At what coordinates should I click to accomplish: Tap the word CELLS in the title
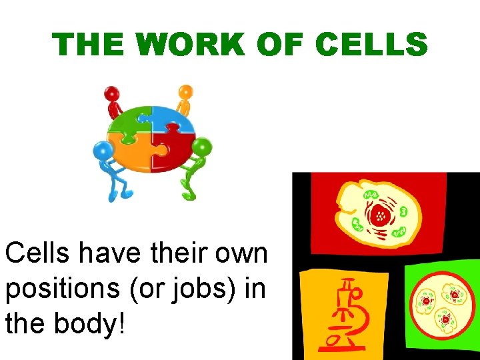tap(371, 45)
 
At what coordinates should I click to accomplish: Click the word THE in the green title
tap(91, 45)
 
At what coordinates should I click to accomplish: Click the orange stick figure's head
tap(186, 91)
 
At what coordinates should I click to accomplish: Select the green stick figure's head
tap(203, 146)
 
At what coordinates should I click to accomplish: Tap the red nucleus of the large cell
tap(381, 215)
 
